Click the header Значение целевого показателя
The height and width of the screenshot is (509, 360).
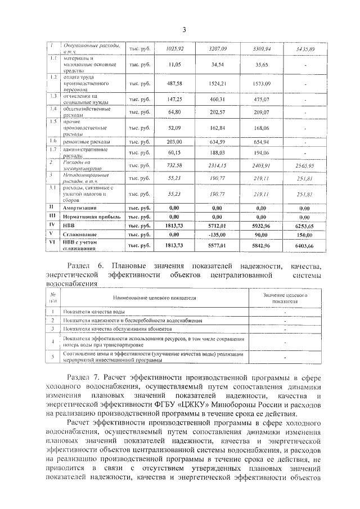[285, 298]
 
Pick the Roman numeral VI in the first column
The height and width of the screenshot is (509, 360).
[51, 242]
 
